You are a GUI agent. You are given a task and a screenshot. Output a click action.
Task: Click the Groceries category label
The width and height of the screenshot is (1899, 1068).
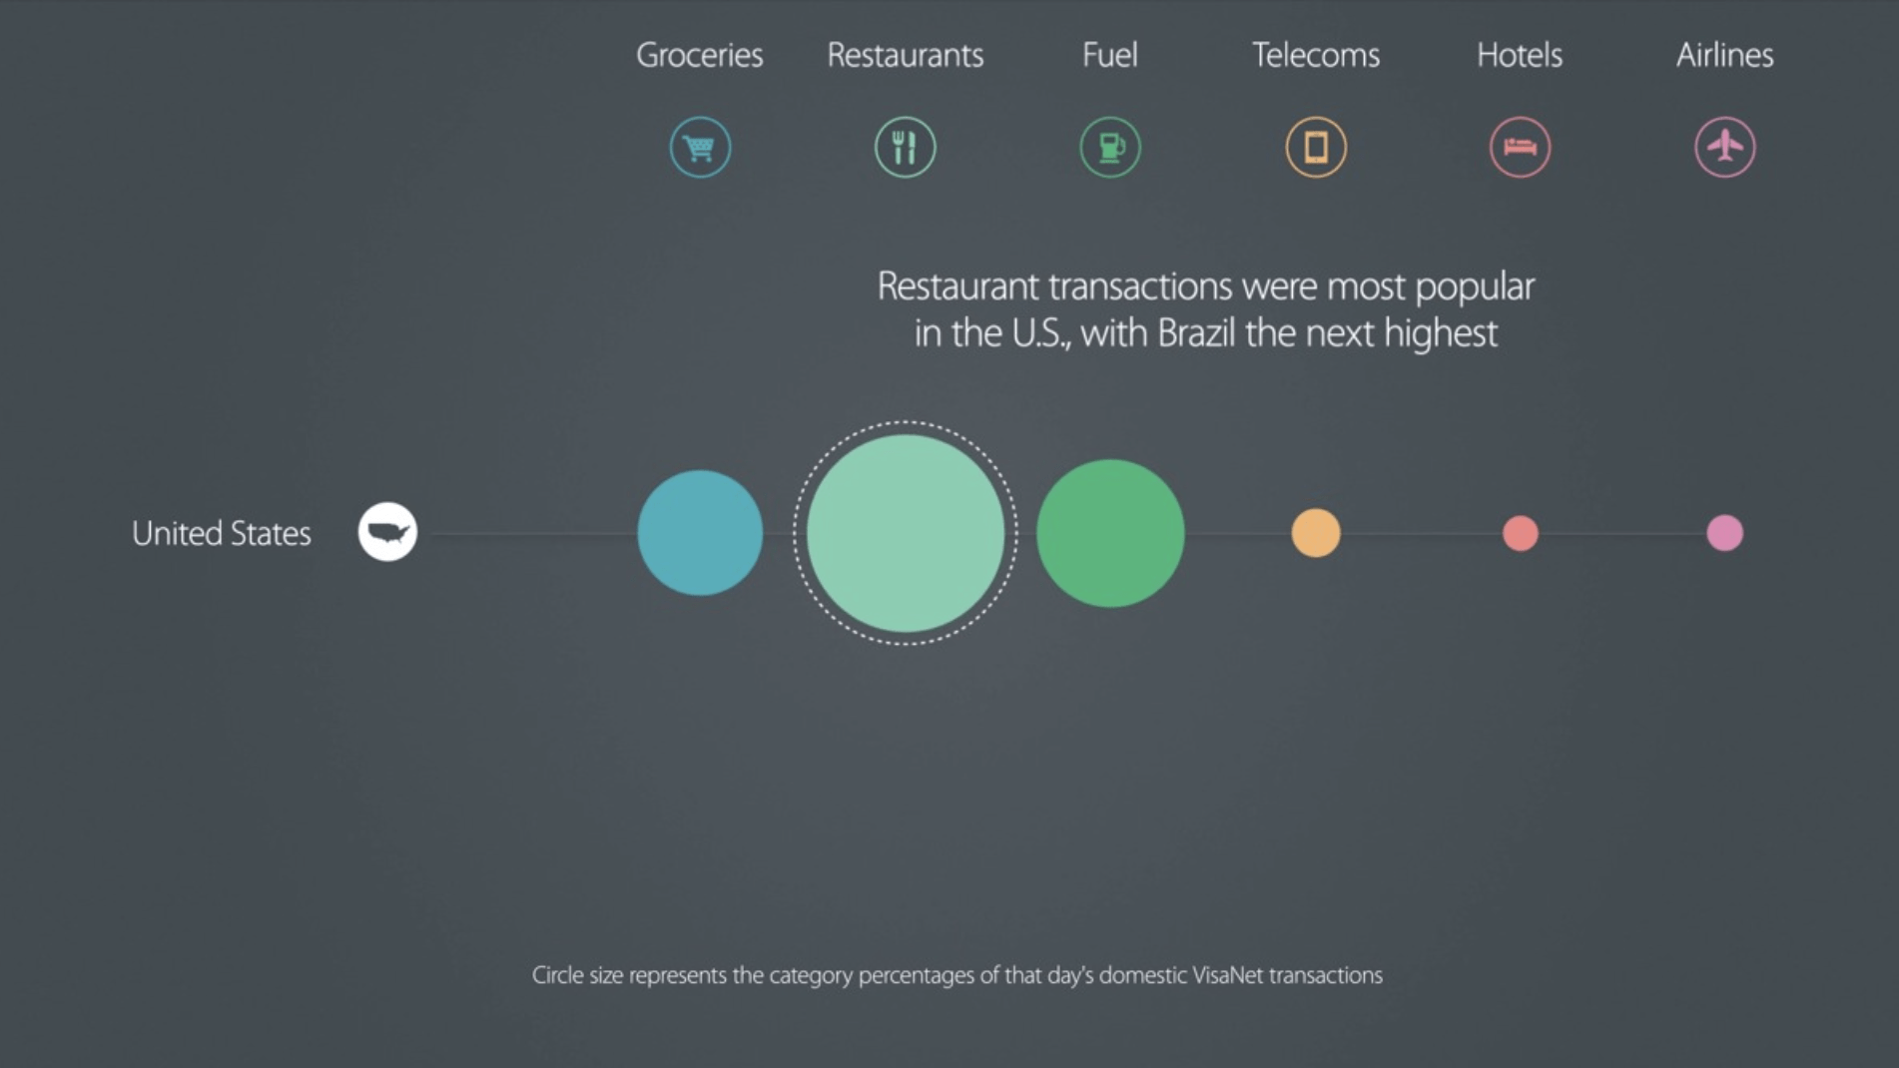tap(699, 55)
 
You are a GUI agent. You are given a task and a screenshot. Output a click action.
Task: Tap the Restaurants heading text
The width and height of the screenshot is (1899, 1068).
tap(905, 55)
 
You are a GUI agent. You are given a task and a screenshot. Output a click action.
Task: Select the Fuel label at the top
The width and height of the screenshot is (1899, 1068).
tap(1109, 55)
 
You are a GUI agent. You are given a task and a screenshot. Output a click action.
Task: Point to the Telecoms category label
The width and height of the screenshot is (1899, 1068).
tap(1315, 55)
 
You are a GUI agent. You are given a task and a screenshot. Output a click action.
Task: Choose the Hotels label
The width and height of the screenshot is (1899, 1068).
tap(1519, 55)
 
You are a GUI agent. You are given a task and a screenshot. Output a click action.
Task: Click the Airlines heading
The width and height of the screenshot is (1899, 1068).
tap(1724, 55)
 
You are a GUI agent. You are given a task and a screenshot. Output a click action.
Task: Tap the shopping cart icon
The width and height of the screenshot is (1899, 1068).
tap(700, 148)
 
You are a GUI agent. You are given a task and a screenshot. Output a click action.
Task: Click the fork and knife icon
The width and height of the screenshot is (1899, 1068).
tap(905, 148)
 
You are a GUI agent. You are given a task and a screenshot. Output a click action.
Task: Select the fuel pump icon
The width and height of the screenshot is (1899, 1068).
tap(1110, 148)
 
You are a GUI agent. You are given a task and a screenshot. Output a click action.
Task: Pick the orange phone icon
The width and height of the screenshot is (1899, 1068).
tap(1315, 148)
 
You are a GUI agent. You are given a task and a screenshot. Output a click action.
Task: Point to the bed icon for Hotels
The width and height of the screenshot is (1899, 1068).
tap(1520, 148)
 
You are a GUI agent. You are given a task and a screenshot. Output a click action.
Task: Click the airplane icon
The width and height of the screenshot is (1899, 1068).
tap(1724, 148)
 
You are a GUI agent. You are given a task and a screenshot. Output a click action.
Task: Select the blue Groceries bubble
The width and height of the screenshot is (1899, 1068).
tap(700, 533)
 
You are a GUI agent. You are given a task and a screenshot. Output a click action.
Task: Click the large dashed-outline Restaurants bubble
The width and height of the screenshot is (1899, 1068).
tap(905, 533)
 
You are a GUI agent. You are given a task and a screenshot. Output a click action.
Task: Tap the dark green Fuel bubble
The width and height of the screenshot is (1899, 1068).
tap(1110, 533)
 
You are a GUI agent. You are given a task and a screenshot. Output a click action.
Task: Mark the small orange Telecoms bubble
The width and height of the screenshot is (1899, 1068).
tap(1315, 533)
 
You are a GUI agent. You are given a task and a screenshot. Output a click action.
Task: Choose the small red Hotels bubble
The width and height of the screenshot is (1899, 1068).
tap(1520, 533)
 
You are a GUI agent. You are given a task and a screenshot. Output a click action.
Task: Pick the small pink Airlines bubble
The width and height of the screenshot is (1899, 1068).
tap(1724, 533)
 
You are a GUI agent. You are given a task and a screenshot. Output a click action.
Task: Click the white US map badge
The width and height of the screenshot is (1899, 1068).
tap(387, 531)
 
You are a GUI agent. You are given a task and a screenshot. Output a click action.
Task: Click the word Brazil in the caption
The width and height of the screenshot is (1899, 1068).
tap(1196, 333)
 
